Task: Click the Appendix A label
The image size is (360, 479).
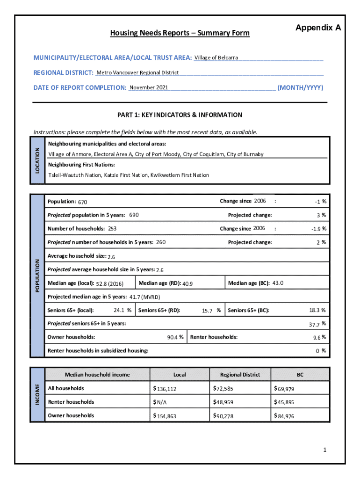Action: click(x=318, y=28)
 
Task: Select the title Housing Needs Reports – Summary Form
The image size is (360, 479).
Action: click(x=180, y=33)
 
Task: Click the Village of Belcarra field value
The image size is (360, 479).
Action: click(x=216, y=58)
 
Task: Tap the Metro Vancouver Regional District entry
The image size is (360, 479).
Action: click(x=137, y=73)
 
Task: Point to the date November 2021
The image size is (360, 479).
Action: click(x=149, y=87)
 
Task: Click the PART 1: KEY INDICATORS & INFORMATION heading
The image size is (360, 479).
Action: click(x=180, y=115)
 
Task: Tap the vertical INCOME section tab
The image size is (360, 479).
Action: click(x=37, y=395)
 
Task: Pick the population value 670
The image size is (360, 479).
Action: click(x=83, y=202)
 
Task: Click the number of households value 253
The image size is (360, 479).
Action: click(x=112, y=229)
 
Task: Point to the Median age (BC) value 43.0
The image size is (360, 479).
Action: click(x=278, y=283)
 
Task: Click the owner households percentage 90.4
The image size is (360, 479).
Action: click(x=173, y=337)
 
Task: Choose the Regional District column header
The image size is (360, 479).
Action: click(x=239, y=375)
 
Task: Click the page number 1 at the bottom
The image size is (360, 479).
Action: click(x=324, y=450)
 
